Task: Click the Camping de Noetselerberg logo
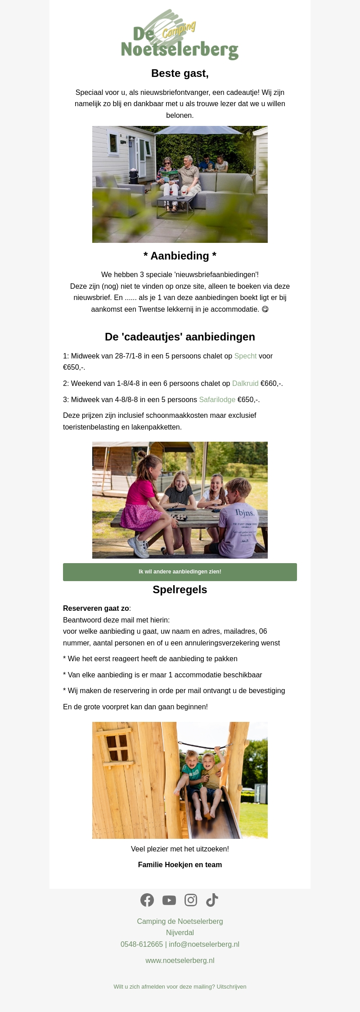point(180,35)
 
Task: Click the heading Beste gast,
point(180,73)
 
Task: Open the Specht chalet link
point(245,356)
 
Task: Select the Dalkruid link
point(245,384)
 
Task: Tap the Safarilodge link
point(217,400)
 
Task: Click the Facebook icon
point(147,900)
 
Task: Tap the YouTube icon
point(169,900)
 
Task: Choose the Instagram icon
point(191,900)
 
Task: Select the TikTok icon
point(212,900)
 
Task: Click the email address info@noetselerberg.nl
point(204,945)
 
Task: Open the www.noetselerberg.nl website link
point(180,960)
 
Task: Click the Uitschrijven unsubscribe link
point(231,987)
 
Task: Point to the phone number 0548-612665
point(142,945)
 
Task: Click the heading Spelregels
point(180,590)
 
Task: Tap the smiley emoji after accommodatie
point(265,309)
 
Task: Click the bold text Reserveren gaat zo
point(96,609)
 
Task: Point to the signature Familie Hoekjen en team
point(180,864)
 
